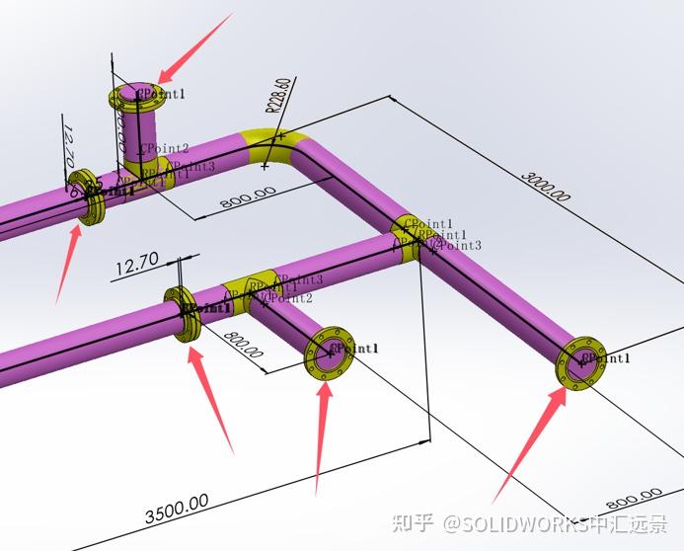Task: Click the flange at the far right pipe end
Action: tap(582, 362)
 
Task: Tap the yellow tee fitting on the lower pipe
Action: tap(246, 290)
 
